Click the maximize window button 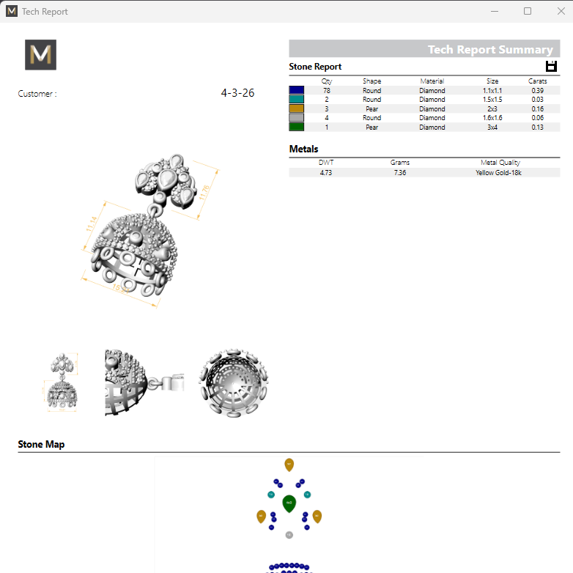point(528,11)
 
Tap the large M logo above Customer point(40,55)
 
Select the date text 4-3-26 point(237,93)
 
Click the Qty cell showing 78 point(327,90)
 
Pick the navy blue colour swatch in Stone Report point(297,90)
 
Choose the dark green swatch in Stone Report point(297,127)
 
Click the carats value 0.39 point(537,90)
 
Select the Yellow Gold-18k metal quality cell point(500,173)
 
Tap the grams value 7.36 point(399,173)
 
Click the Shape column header point(371,81)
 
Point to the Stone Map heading point(41,444)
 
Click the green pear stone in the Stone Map point(289,503)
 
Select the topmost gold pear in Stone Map point(289,465)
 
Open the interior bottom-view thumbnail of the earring point(230,383)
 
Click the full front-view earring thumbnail point(62,383)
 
